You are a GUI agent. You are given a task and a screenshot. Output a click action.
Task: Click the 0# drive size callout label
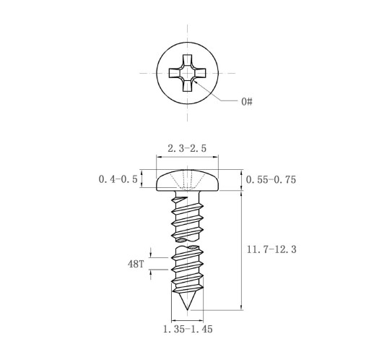point(247,101)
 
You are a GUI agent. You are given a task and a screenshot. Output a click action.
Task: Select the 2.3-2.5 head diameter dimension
point(187,148)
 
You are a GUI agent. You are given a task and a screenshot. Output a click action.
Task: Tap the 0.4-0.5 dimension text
point(118,179)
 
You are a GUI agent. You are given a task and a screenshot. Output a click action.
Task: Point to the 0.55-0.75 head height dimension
point(271,180)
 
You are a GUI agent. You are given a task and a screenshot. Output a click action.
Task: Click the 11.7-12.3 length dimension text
point(271,249)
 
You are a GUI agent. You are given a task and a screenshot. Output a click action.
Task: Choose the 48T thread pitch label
point(136,264)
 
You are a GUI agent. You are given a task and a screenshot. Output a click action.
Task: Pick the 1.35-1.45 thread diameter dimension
point(188,329)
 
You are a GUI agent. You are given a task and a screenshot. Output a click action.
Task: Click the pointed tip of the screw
point(187,309)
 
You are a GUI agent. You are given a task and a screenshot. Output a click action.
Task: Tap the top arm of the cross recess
point(187,60)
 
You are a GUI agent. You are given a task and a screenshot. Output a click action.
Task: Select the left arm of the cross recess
point(174,73)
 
